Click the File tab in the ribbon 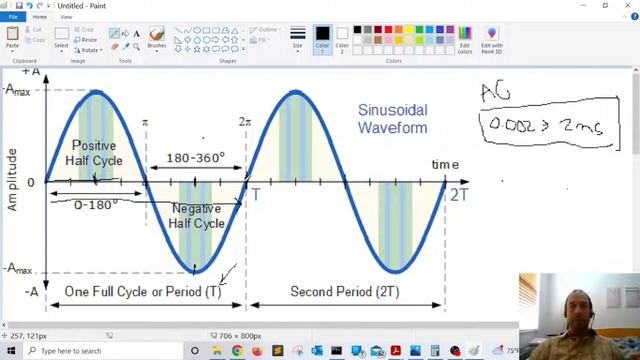13,17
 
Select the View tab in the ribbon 66,17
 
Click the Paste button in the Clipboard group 12,39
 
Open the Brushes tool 157,39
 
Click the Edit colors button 465,39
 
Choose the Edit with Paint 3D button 491,39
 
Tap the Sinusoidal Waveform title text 392,119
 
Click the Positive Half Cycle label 94,153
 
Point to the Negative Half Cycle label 197,216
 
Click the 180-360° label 195,158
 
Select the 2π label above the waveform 245,122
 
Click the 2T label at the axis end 458,194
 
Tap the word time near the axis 445,164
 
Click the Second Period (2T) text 340,291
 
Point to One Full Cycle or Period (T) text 143,291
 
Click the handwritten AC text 496,93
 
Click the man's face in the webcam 579,305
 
